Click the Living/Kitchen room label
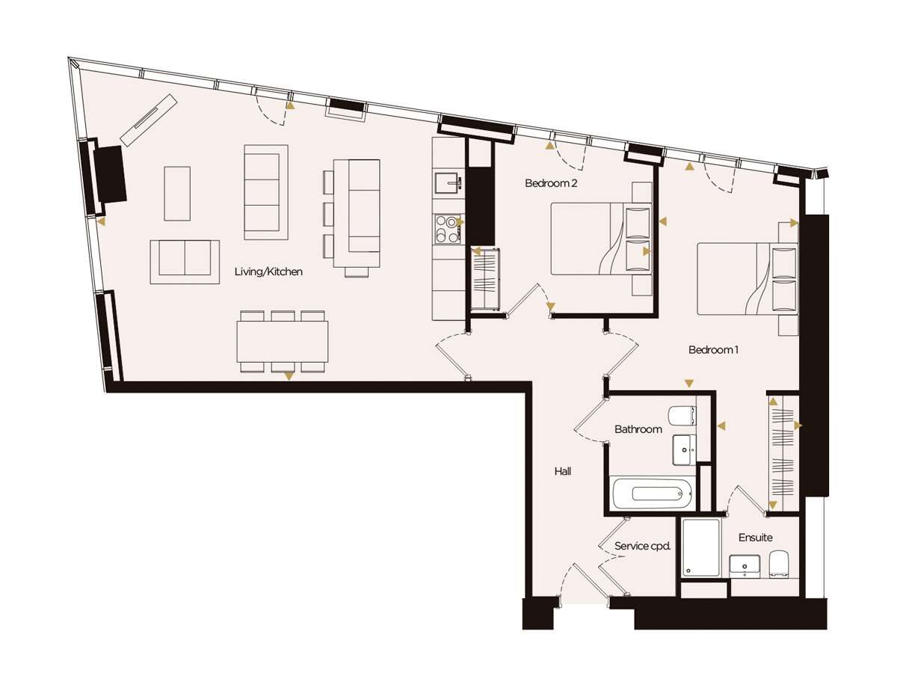tap(268, 271)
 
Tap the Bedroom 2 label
tap(551, 183)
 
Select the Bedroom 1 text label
tap(713, 349)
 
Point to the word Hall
tap(563, 471)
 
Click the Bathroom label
tap(638, 429)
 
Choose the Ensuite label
tap(755, 538)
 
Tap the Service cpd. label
tap(642, 546)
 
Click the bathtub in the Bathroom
tap(653, 494)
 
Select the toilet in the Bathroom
tap(682, 416)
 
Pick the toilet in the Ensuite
tap(779, 565)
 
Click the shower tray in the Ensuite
tap(701, 547)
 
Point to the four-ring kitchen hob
tap(448, 230)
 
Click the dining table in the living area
tap(283, 342)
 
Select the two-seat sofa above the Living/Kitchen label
tap(185, 262)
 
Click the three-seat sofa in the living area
tap(266, 192)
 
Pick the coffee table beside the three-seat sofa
tap(177, 194)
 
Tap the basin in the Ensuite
tap(745, 566)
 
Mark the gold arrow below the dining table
tap(289, 376)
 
